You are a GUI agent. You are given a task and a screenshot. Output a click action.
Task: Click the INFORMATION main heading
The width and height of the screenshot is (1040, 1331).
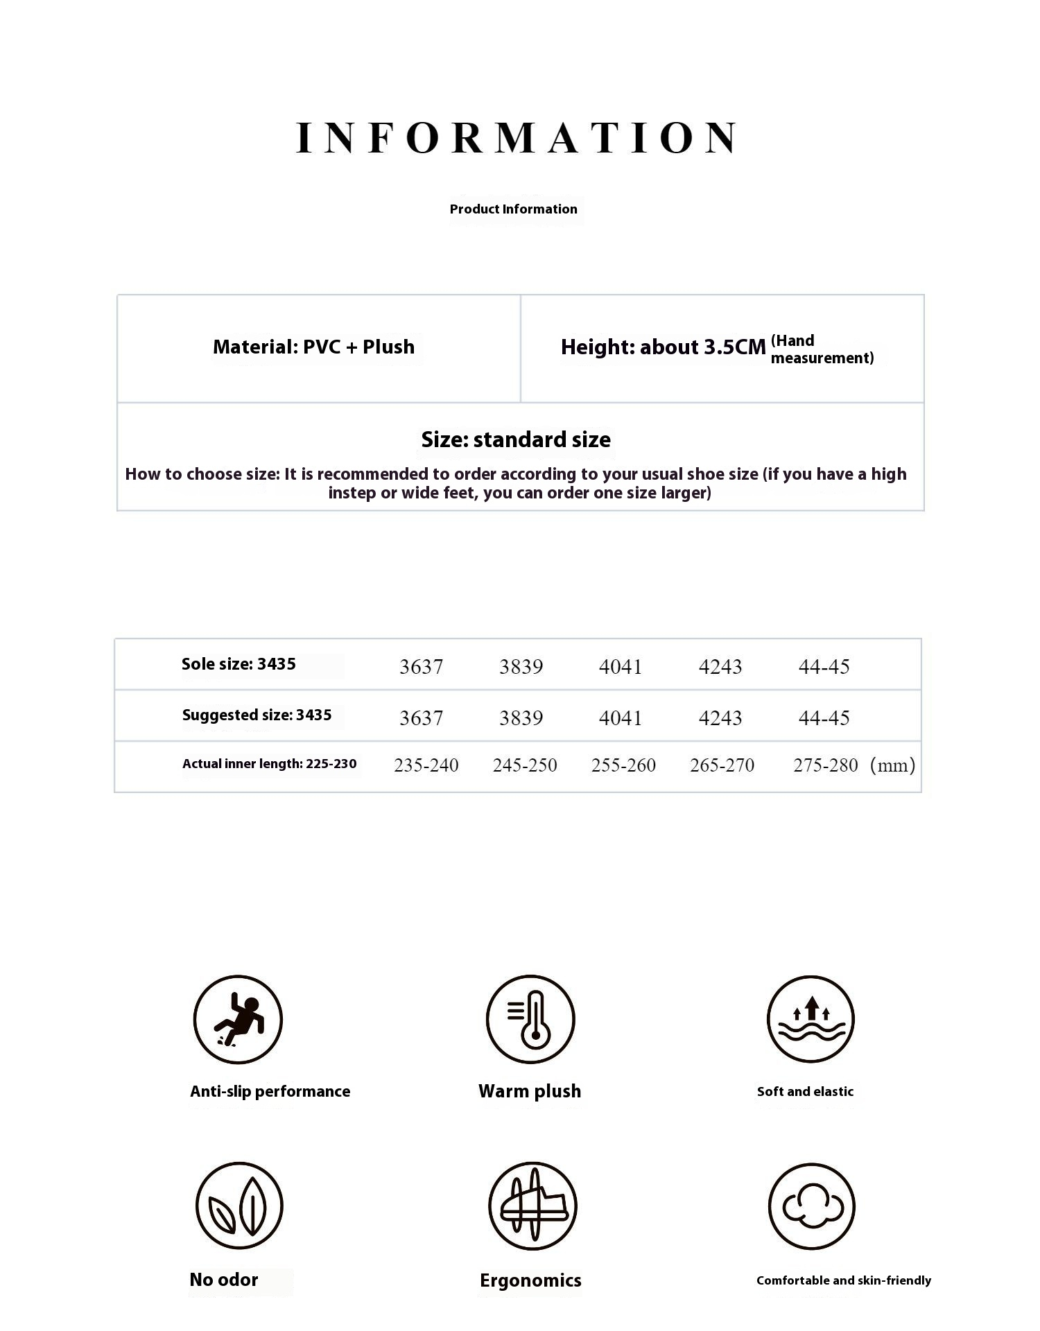[x=517, y=137]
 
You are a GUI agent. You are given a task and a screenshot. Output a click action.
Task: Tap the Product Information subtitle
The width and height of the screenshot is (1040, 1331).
[x=513, y=209]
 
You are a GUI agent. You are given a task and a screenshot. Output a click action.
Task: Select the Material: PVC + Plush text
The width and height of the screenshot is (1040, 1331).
[x=313, y=347]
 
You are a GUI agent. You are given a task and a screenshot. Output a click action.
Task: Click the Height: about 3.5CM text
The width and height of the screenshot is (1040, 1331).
[x=663, y=347]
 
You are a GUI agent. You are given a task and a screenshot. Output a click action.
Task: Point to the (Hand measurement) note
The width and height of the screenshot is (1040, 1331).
[x=822, y=349]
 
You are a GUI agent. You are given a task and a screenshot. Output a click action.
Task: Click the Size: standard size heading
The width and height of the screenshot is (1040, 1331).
[x=516, y=440]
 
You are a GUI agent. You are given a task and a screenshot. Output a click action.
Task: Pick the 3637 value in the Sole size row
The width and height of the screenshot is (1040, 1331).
[x=421, y=667]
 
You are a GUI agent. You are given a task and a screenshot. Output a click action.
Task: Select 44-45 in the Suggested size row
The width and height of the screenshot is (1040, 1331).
[x=824, y=718]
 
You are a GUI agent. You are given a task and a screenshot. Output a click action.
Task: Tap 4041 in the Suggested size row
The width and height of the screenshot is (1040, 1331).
[x=621, y=718]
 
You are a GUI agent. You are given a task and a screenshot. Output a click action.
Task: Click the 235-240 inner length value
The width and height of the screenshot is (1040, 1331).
[x=426, y=765]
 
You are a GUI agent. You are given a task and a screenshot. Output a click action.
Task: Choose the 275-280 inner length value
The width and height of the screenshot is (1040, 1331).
[x=825, y=765]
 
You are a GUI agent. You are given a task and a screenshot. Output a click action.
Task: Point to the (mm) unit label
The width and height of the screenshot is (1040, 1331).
[x=892, y=765]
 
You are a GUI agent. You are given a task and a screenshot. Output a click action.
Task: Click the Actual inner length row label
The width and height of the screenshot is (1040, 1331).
[x=269, y=764]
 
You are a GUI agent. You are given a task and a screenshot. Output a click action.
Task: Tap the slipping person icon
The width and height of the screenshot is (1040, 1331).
[x=238, y=1019]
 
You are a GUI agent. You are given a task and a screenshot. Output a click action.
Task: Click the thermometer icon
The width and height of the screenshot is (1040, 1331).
[x=530, y=1019]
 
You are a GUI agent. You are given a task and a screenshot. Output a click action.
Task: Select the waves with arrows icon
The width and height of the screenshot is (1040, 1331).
[x=811, y=1019]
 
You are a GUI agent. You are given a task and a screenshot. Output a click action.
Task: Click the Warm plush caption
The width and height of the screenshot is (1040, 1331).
[x=530, y=1091]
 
